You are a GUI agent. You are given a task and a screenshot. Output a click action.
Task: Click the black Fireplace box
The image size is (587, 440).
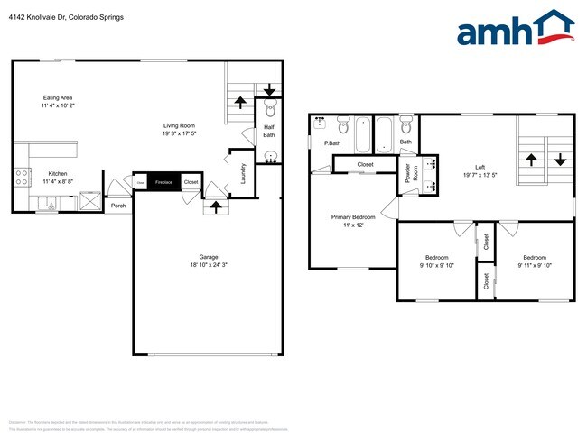click(163, 182)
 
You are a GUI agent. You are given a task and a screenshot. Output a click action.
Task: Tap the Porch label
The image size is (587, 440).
click(118, 206)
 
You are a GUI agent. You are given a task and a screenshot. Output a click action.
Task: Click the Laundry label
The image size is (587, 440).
click(244, 172)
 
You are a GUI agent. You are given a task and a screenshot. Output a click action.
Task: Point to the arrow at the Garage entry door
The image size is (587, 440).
click(214, 206)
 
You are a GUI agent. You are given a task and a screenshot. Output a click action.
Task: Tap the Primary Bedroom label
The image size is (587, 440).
click(353, 222)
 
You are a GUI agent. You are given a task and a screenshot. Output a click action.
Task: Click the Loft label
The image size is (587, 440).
click(480, 171)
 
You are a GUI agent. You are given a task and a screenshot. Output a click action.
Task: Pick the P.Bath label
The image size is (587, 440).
click(332, 143)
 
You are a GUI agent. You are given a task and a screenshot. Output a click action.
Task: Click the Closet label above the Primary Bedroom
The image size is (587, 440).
click(365, 164)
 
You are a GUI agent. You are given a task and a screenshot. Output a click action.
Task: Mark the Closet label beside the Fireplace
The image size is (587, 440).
click(191, 182)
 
